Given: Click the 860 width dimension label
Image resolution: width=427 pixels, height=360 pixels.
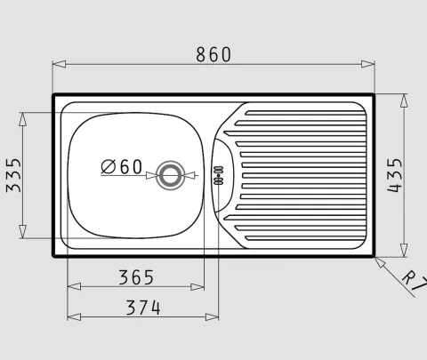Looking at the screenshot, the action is point(213,54).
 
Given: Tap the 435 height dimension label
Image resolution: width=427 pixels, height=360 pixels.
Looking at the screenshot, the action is point(395,175).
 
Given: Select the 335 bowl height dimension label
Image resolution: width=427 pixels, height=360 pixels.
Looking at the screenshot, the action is point(13,175).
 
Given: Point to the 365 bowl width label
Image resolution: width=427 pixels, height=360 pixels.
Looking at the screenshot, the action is point(136,277).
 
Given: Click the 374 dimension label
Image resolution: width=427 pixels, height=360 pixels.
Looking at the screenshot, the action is point(143,308).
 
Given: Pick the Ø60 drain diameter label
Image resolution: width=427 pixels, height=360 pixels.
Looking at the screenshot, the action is point(122,166).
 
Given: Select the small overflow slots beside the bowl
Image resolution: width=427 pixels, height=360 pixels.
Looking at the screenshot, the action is point(219,175).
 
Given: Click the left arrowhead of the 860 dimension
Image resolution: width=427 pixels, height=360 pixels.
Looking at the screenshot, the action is point(59,64).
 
